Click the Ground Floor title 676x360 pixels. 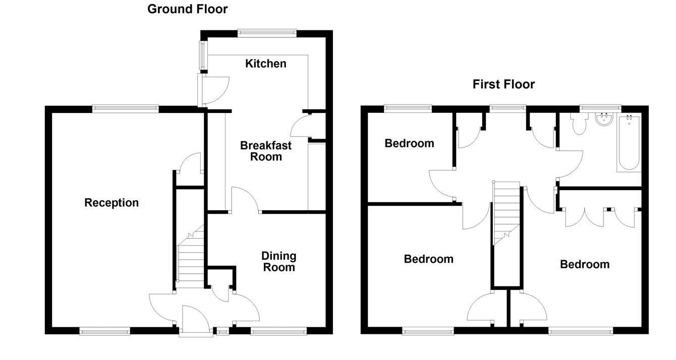click(x=187, y=9)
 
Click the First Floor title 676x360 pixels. click(x=503, y=84)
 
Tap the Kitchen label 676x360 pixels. click(x=265, y=64)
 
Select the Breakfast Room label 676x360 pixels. click(x=265, y=151)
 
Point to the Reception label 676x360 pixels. click(x=111, y=203)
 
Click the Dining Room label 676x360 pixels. click(x=278, y=262)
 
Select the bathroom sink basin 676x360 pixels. click(x=602, y=120)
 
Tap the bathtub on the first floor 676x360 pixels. click(x=628, y=143)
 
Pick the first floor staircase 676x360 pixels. click(x=506, y=212)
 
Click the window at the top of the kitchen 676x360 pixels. click(x=266, y=33)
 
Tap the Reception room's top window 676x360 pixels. click(x=126, y=108)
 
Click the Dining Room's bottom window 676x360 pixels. click(x=278, y=331)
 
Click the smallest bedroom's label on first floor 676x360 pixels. click(x=409, y=143)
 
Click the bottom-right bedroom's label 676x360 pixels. click(x=584, y=264)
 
